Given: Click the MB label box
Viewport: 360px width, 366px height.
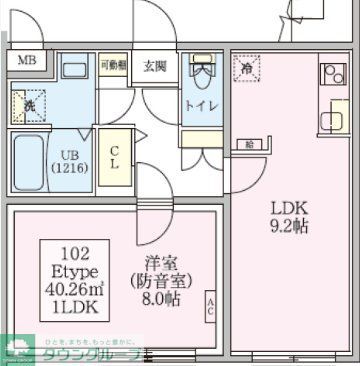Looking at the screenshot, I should pyautogui.click(x=26, y=60).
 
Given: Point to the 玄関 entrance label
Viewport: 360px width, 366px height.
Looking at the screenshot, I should pyautogui.click(x=155, y=67).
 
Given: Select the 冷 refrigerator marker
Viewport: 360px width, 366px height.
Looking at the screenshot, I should pyautogui.click(x=247, y=68).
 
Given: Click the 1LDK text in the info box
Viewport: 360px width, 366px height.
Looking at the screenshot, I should pyautogui.click(x=74, y=308).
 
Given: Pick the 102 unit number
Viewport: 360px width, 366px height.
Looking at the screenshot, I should pyautogui.click(x=73, y=253).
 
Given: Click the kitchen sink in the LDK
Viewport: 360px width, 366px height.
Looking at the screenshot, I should pyautogui.click(x=330, y=120).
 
